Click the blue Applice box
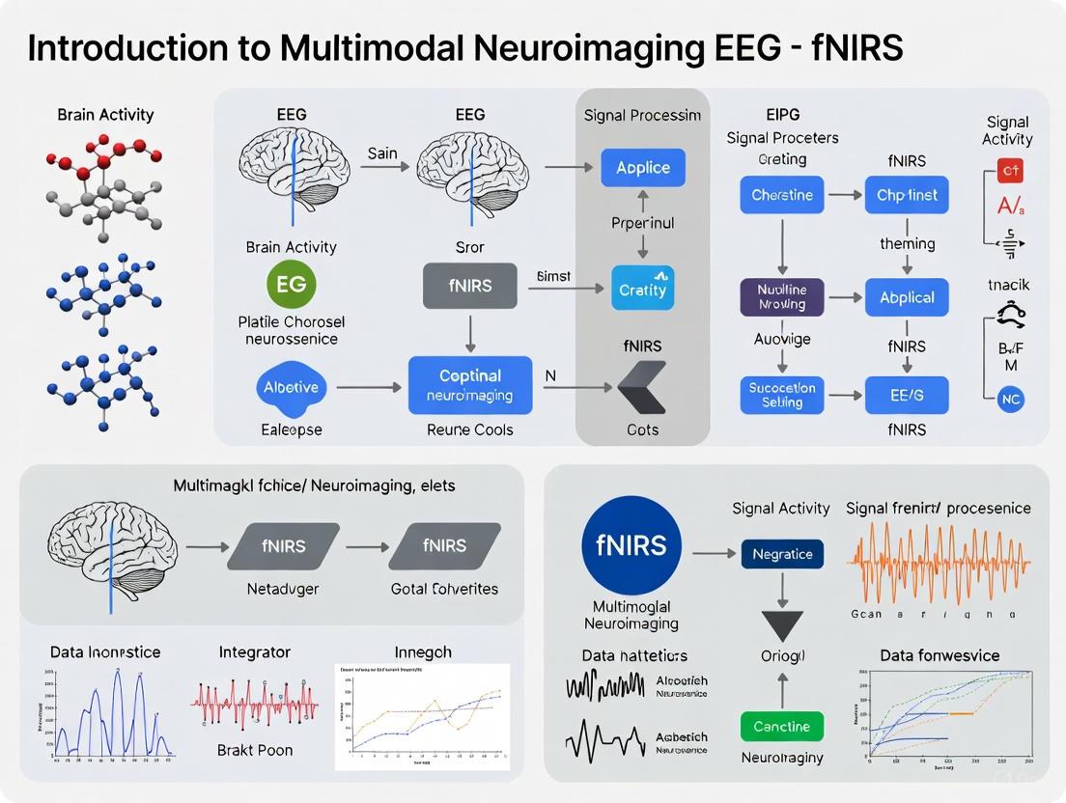tap(642, 168)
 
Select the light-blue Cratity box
tap(642, 289)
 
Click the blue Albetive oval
tap(291, 387)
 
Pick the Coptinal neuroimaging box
tap(470, 386)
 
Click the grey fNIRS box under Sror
tap(469, 285)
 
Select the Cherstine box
tap(782, 195)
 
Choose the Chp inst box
tap(907, 195)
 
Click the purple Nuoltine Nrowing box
tap(782, 297)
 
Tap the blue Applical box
tap(907, 297)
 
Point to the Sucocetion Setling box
tap(782, 395)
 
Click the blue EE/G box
tap(907, 395)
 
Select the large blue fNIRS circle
tap(631, 545)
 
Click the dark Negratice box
tap(782, 554)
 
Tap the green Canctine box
tap(782, 726)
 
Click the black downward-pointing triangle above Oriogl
tap(782, 626)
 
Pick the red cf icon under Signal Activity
tap(1010, 172)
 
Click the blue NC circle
tap(1010, 399)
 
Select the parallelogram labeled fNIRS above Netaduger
tap(283, 546)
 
